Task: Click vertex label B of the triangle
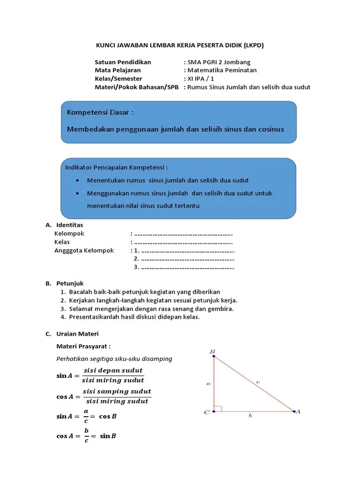tap(212, 352)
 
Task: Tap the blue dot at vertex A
tap(294, 412)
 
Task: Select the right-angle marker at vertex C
tap(218, 408)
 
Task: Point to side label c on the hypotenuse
tap(258, 382)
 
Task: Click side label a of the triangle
tap(208, 383)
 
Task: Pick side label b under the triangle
tap(250, 416)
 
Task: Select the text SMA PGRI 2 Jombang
tap(219, 62)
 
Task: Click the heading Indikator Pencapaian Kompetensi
tap(116, 167)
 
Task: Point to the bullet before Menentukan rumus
tap(77, 180)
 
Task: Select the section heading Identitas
tap(69, 225)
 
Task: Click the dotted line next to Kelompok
tap(183, 233)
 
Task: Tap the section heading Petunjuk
tap(70, 283)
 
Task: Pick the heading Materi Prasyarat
tap(83, 346)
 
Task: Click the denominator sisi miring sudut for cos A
tap(117, 401)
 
